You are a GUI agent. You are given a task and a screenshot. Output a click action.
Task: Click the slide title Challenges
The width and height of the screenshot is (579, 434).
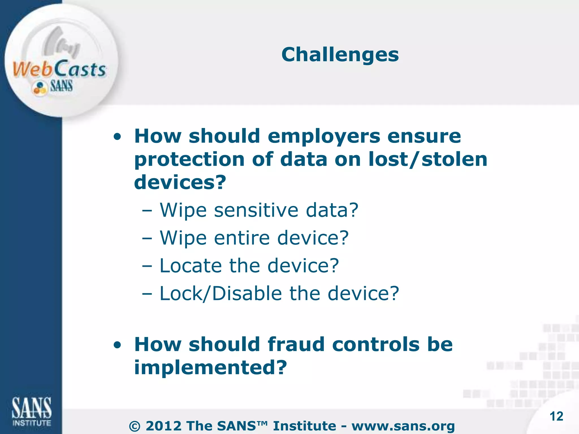[340, 55]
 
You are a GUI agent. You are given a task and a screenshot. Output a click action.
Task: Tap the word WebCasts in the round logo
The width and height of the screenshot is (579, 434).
[59, 69]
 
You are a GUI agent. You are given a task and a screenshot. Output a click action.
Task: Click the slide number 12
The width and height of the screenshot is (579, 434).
[556, 416]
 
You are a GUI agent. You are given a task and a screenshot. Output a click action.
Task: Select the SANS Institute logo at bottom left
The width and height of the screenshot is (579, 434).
[31, 411]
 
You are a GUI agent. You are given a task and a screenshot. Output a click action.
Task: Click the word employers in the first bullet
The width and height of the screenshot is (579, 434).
[324, 136]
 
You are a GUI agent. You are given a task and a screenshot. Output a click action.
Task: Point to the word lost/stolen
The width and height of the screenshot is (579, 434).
[428, 159]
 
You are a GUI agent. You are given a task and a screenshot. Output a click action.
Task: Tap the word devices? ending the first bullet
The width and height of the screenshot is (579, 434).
[180, 182]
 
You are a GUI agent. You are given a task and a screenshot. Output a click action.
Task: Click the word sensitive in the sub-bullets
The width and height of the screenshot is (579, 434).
[256, 210]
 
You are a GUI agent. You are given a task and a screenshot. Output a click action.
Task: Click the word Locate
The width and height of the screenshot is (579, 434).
[191, 266]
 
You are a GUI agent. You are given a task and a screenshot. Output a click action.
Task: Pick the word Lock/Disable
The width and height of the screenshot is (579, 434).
[221, 293]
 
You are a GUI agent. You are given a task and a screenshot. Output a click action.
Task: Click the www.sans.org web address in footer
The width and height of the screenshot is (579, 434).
[403, 426]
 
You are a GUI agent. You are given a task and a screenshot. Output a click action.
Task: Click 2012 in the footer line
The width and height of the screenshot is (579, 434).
[163, 426]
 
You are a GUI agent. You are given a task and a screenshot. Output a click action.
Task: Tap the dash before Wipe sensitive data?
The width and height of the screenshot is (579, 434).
[147, 211]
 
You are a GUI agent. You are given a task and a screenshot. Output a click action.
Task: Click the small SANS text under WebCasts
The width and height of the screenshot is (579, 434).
[61, 86]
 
